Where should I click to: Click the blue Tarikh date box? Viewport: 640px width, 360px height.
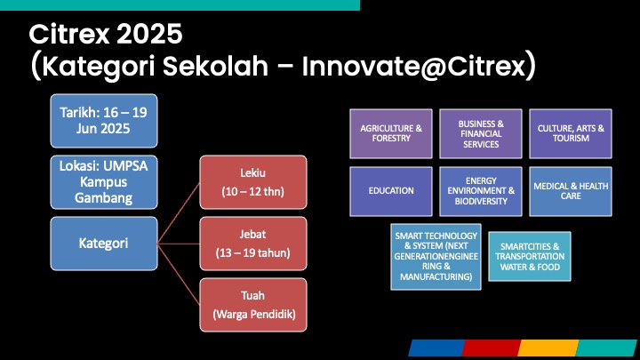tap(104, 121)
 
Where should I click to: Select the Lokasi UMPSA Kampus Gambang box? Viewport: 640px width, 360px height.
tap(104, 182)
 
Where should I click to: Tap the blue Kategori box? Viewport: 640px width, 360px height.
tap(104, 244)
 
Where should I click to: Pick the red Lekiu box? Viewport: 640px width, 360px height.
tap(253, 182)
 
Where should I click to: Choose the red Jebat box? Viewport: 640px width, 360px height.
tap(253, 244)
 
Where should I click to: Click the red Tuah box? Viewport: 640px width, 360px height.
tap(253, 305)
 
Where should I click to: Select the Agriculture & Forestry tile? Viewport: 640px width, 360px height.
tap(391, 133)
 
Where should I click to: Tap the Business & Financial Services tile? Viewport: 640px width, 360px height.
tap(481, 133)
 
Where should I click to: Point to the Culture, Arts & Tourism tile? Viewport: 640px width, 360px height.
tap(571, 133)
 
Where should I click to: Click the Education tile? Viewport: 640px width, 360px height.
tap(391, 191)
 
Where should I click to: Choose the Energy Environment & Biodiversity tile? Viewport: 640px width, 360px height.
tap(481, 191)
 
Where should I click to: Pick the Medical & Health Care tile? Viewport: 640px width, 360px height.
tap(571, 191)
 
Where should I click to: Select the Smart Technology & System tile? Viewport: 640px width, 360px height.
tap(436, 257)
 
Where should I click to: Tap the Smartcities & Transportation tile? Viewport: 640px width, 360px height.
tap(530, 257)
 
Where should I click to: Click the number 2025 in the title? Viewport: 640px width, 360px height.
tap(149, 34)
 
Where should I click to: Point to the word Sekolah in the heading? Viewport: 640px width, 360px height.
tap(215, 66)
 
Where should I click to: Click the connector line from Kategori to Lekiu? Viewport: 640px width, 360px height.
tap(179, 213)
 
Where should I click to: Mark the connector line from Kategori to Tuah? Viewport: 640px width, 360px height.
tap(179, 275)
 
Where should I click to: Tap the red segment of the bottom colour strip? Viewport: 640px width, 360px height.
tap(492, 348)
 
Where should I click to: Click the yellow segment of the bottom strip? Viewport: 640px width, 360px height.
tap(548, 348)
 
